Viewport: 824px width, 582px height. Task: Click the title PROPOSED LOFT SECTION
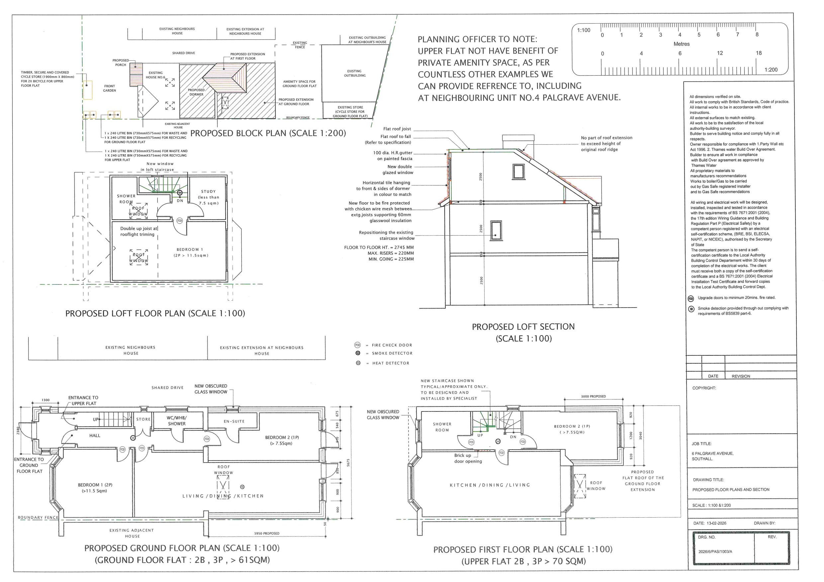(523, 327)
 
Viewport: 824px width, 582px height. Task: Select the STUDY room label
(209, 191)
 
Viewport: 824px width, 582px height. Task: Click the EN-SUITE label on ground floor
(234, 421)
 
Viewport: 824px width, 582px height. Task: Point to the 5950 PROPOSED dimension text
(267, 534)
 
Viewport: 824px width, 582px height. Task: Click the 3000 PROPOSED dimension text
(593, 396)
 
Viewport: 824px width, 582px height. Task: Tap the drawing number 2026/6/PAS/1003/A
(715, 551)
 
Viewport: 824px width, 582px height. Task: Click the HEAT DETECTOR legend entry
(391, 363)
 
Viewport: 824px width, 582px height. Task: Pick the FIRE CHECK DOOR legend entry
(392, 345)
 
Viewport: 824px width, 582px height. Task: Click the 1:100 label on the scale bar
(584, 31)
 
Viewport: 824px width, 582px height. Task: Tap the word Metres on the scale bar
(681, 44)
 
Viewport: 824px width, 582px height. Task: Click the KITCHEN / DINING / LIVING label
(490, 485)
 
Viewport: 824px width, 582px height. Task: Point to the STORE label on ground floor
(143, 419)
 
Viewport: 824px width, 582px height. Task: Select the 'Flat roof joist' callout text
(397, 129)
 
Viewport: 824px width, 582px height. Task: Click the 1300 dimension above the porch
(46, 400)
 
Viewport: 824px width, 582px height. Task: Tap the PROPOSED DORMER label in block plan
(196, 93)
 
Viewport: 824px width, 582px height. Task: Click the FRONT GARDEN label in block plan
(110, 88)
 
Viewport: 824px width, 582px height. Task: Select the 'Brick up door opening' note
(468, 458)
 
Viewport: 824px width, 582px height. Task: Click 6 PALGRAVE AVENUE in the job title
(712, 454)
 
